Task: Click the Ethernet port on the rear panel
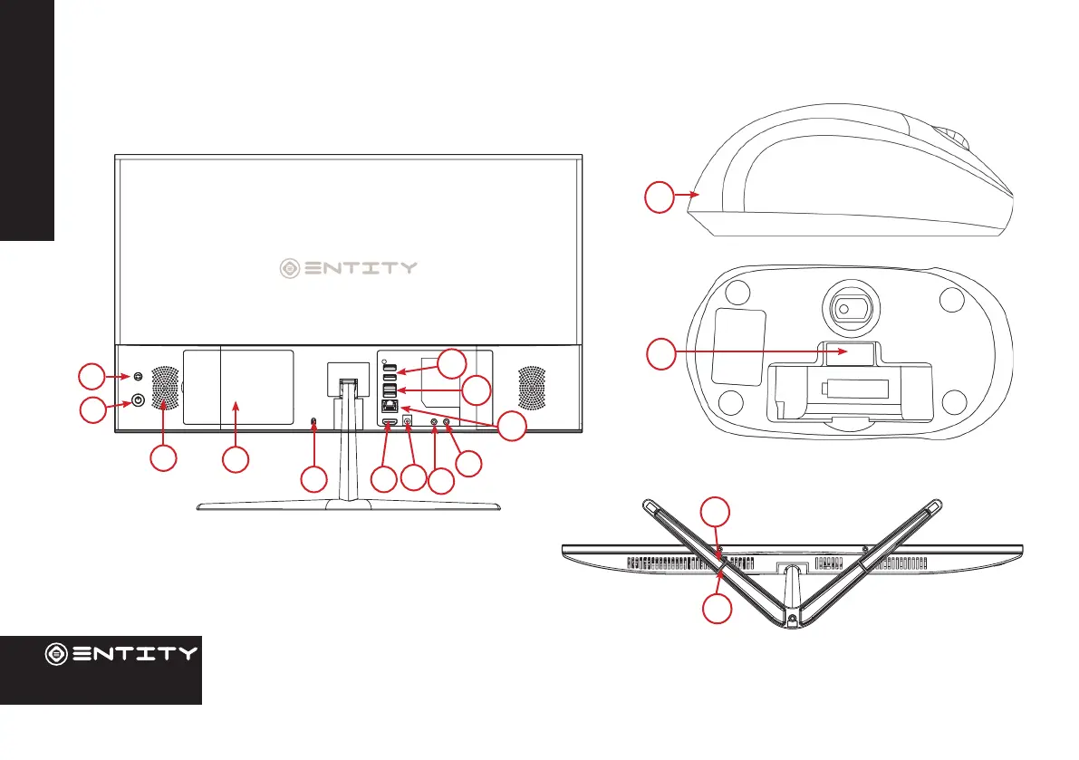click(x=389, y=407)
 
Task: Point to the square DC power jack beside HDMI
click(x=407, y=420)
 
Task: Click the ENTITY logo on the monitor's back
click(x=348, y=267)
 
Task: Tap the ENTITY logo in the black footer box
click(x=121, y=653)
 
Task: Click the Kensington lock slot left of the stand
click(x=313, y=423)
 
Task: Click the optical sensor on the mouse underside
click(x=843, y=308)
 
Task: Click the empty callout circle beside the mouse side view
click(x=660, y=196)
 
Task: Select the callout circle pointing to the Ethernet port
click(x=512, y=428)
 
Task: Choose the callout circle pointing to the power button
click(x=91, y=410)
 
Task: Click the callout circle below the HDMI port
click(x=384, y=479)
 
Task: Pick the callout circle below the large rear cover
click(x=236, y=458)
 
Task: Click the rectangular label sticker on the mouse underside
click(x=739, y=347)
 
